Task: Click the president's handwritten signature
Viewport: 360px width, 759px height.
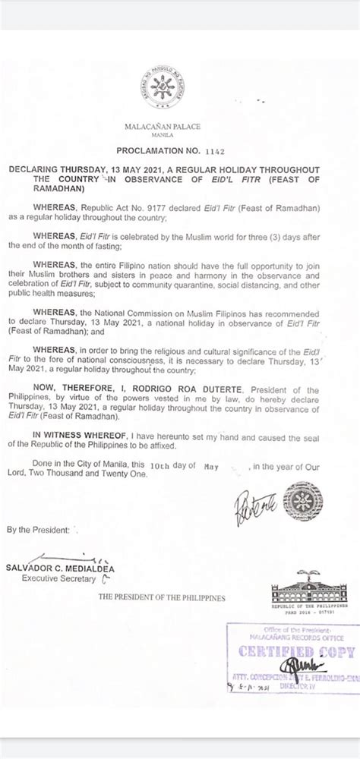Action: click(x=252, y=504)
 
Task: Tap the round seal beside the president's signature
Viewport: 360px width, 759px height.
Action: click(x=302, y=502)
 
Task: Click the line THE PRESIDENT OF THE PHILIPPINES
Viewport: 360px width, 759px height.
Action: click(x=161, y=597)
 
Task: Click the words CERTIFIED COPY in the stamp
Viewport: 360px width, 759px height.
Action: click(x=297, y=652)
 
